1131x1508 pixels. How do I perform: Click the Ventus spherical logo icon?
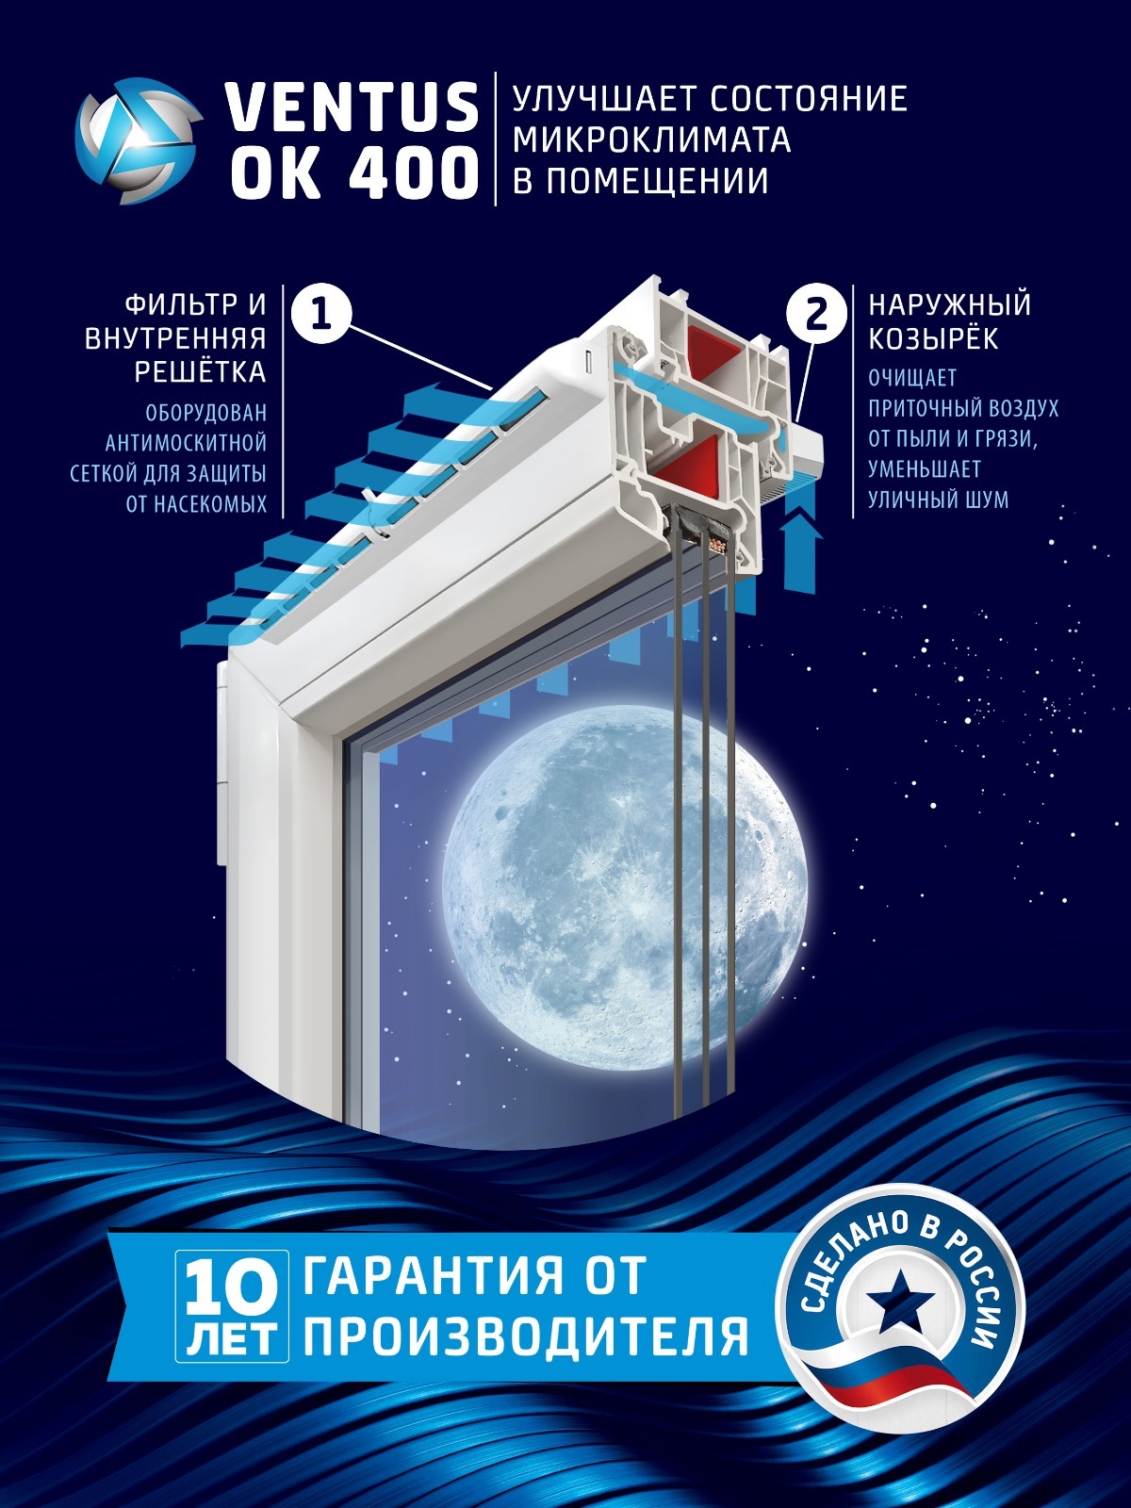coord(138,141)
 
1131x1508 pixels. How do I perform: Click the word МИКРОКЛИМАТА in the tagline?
coord(651,139)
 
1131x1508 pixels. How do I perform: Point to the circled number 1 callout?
coord(321,313)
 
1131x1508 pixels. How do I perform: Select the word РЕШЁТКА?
coord(200,372)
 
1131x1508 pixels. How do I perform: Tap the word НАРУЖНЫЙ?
coord(949,304)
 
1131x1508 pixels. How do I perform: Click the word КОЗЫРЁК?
coord(933,338)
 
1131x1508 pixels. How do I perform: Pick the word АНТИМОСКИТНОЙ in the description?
coord(186,443)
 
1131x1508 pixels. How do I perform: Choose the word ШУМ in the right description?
coord(984,499)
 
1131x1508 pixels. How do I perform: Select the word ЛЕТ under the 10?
coord(232,1340)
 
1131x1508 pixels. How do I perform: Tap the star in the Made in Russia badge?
coord(900,1304)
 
